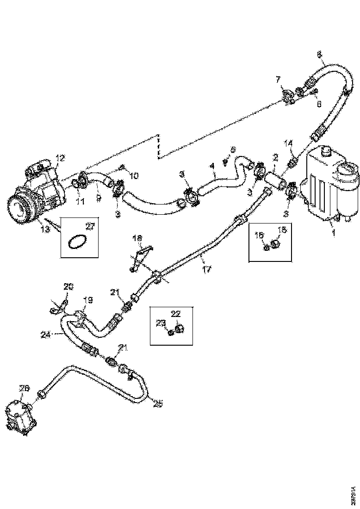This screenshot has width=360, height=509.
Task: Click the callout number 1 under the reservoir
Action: coord(334,233)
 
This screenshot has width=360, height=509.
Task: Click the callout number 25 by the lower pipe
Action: coord(158,404)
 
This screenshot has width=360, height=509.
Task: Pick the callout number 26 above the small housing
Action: coord(24,388)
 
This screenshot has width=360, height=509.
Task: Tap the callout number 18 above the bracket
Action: coord(138,238)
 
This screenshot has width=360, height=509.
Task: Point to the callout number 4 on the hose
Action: coord(212,165)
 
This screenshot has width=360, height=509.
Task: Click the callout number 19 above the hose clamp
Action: coord(87,300)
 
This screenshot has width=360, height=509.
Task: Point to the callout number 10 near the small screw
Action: coord(134,176)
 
